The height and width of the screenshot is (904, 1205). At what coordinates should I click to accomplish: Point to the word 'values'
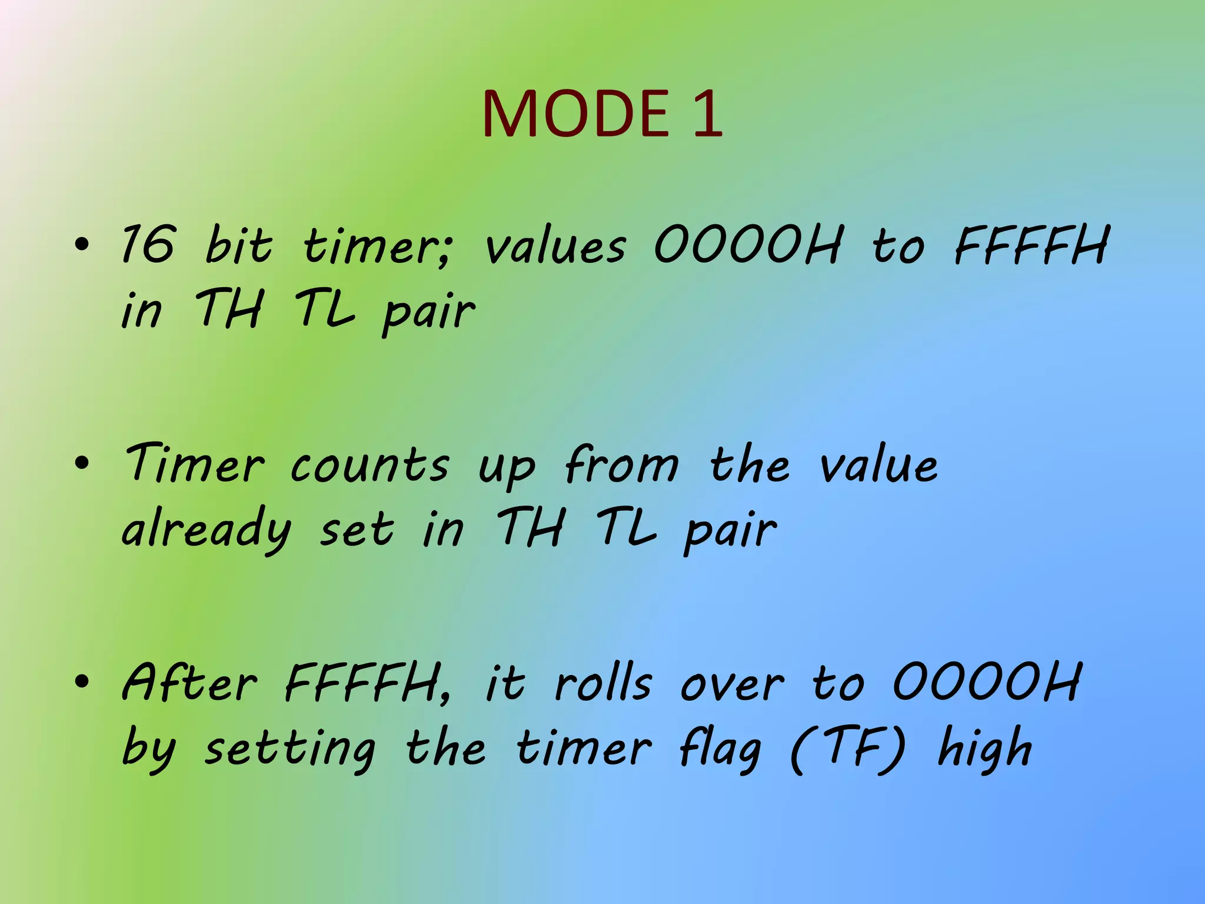click(x=555, y=246)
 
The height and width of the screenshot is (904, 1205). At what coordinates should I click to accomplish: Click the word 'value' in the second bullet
click(x=878, y=465)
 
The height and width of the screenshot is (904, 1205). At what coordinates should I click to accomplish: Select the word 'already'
click(x=206, y=530)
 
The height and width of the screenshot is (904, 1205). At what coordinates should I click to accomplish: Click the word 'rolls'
click(x=603, y=684)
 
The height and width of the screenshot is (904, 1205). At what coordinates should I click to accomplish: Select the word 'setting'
click(x=289, y=750)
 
